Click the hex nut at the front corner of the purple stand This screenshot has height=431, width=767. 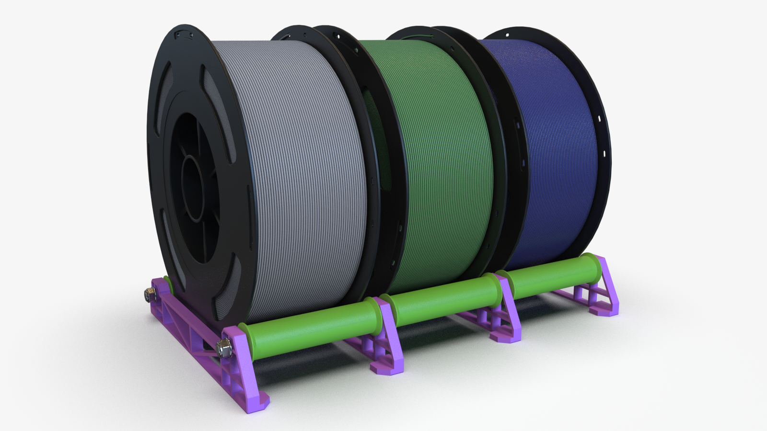tap(223, 347)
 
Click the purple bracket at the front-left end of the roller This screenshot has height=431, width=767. tap(244, 364)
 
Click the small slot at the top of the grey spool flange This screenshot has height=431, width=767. tap(183, 34)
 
